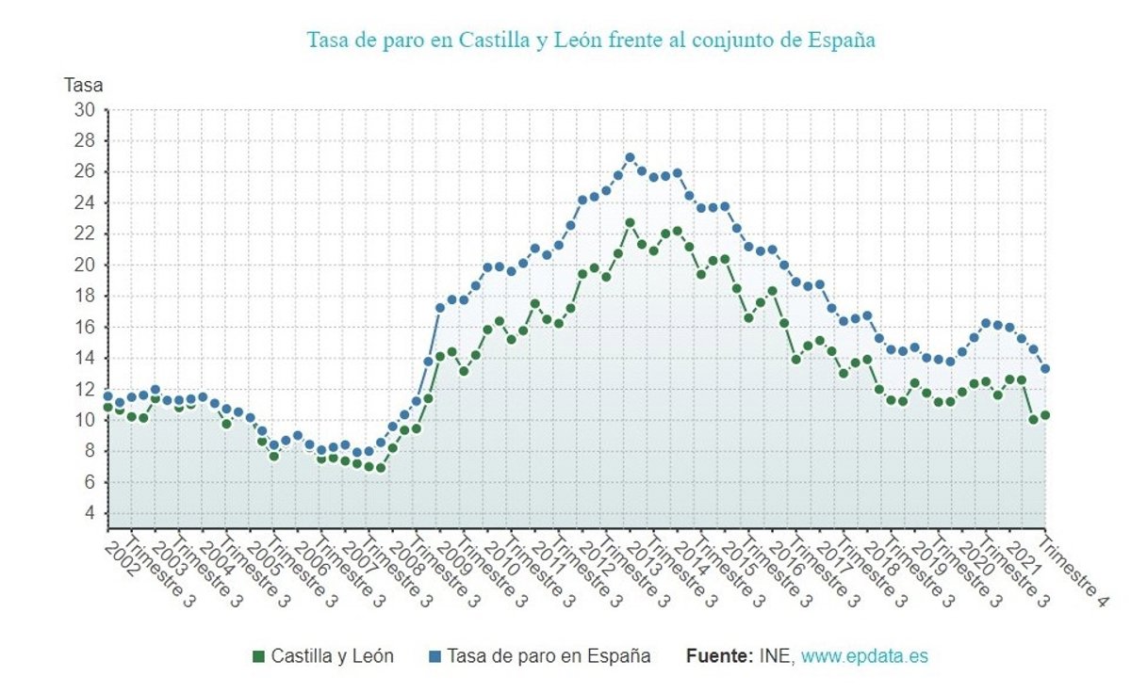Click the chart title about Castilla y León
(x=591, y=40)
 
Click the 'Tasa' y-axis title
(x=83, y=85)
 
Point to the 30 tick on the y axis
(x=85, y=110)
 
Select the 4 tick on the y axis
(x=90, y=513)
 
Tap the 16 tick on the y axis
(x=85, y=327)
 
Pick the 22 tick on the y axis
(x=85, y=234)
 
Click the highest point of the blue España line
(x=630, y=157)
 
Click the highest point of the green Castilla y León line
(x=630, y=223)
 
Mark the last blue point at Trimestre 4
(x=1045, y=369)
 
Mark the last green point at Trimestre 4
(x=1045, y=415)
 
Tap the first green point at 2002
(x=107, y=408)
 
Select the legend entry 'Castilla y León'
(x=332, y=656)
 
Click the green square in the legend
(x=258, y=656)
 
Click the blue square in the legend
(x=434, y=656)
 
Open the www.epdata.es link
(x=863, y=656)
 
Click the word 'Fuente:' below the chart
(x=719, y=656)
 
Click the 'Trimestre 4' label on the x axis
(x=1074, y=569)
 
